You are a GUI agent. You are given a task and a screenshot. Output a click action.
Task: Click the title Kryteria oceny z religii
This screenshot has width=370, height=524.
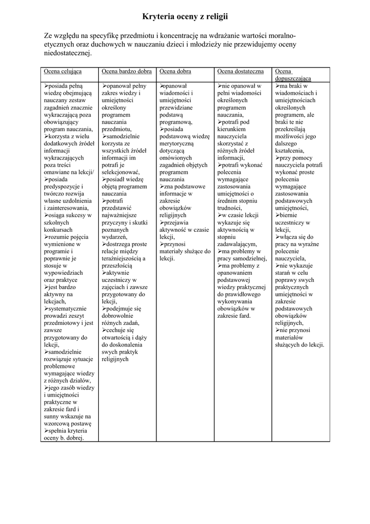tap(185, 17)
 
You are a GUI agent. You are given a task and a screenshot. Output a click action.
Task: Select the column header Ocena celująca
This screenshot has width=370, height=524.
tap(63, 71)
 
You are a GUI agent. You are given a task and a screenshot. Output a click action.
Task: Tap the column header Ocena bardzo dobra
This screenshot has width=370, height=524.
tap(127, 71)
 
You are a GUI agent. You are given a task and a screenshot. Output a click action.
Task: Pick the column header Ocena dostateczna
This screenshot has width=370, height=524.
tap(241, 71)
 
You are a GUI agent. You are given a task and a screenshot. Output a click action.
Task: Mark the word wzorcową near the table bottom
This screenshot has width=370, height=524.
tap(59, 424)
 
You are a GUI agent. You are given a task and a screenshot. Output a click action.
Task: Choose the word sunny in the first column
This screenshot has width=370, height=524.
tap(53, 417)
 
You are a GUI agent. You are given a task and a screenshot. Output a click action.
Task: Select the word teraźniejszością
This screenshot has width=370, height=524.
tap(122, 258)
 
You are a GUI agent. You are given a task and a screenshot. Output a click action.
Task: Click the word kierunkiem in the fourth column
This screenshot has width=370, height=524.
tap(233, 129)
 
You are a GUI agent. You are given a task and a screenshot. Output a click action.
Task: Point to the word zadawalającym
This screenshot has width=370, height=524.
tap(237, 245)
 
